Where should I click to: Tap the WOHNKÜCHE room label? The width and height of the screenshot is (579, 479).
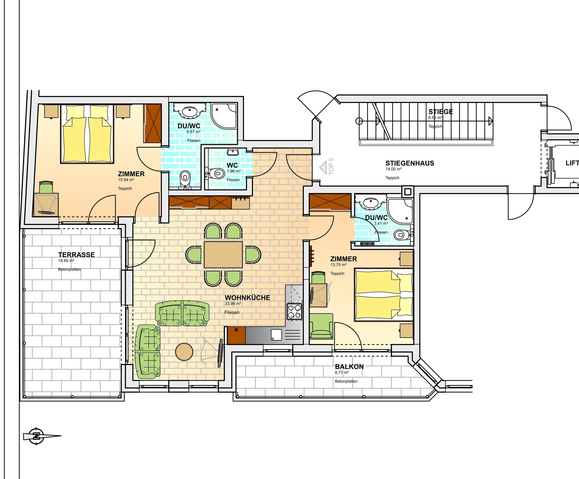[247, 298]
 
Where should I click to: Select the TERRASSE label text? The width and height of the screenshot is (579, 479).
[76, 255]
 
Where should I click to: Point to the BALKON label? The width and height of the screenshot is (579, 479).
[349, 367]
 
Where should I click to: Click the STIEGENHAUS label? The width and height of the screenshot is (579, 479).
[410, 163]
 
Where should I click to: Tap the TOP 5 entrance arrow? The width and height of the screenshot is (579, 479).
[323, 167]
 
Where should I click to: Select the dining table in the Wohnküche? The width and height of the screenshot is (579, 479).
[223, 255]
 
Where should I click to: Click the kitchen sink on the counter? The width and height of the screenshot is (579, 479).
[276, 335]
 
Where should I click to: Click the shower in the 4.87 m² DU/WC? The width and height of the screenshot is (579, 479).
[224, 116]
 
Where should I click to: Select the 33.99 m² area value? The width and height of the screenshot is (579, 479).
[233, 304]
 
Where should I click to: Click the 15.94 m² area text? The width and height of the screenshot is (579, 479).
[126, 180]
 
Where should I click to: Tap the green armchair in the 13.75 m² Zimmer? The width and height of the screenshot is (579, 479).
[321, 326]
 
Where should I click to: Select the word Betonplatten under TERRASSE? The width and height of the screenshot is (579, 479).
[69, 269]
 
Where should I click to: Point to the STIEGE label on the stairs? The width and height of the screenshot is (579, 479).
[441, 112]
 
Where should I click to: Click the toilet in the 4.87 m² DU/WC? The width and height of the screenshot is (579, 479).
[185, 178]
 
